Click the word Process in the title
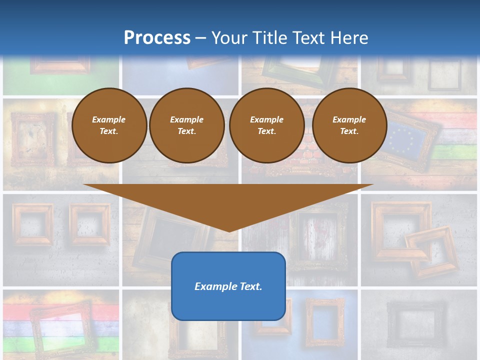[157, 37]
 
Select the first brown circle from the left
[109, 125]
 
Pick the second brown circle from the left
[187, 125]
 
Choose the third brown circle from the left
[267, 125]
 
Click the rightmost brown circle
[349, 125]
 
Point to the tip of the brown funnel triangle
[229, 231]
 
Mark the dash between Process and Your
[200, 38]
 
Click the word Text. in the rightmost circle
[349, 131]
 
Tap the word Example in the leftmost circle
[109, 119]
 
